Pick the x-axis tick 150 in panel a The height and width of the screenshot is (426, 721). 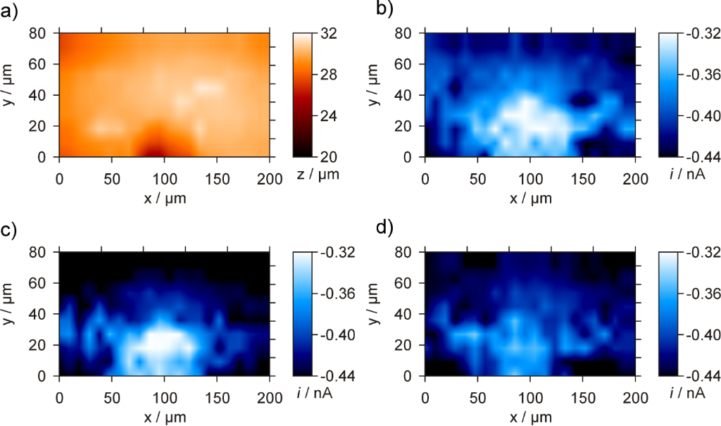coord(217,174)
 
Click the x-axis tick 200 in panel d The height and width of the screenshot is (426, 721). coord(635,394)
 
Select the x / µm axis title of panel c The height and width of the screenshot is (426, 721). coord(164,416)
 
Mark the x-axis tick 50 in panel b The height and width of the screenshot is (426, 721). coord(477,174)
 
